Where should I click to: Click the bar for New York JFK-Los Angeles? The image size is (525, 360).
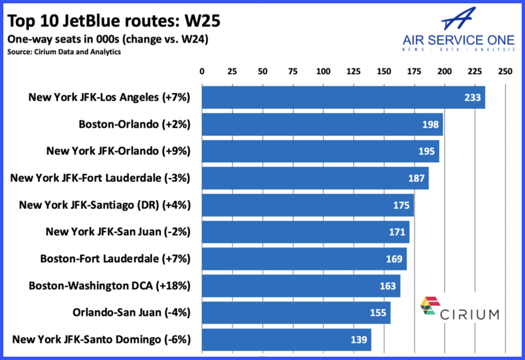click(343, 97)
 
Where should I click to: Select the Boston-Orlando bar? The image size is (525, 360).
click(322, 124)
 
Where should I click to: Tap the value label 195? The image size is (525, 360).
click(426, 151)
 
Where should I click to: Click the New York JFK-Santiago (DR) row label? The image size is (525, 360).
click(105, 205)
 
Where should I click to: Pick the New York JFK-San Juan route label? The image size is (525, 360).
click(118, 232)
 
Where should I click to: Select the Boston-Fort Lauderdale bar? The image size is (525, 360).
click(304, 259)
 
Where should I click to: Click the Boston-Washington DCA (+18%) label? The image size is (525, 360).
click(110, 286)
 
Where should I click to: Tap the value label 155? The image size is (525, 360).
click(377, 314)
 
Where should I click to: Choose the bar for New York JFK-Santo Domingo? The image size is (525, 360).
click(286, 340)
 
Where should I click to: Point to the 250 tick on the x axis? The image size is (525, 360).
click(505, 71)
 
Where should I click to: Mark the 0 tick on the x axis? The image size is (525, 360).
click(202, 71)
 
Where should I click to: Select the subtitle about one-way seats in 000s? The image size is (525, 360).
click(108, 39)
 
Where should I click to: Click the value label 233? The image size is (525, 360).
click(472, 97)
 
